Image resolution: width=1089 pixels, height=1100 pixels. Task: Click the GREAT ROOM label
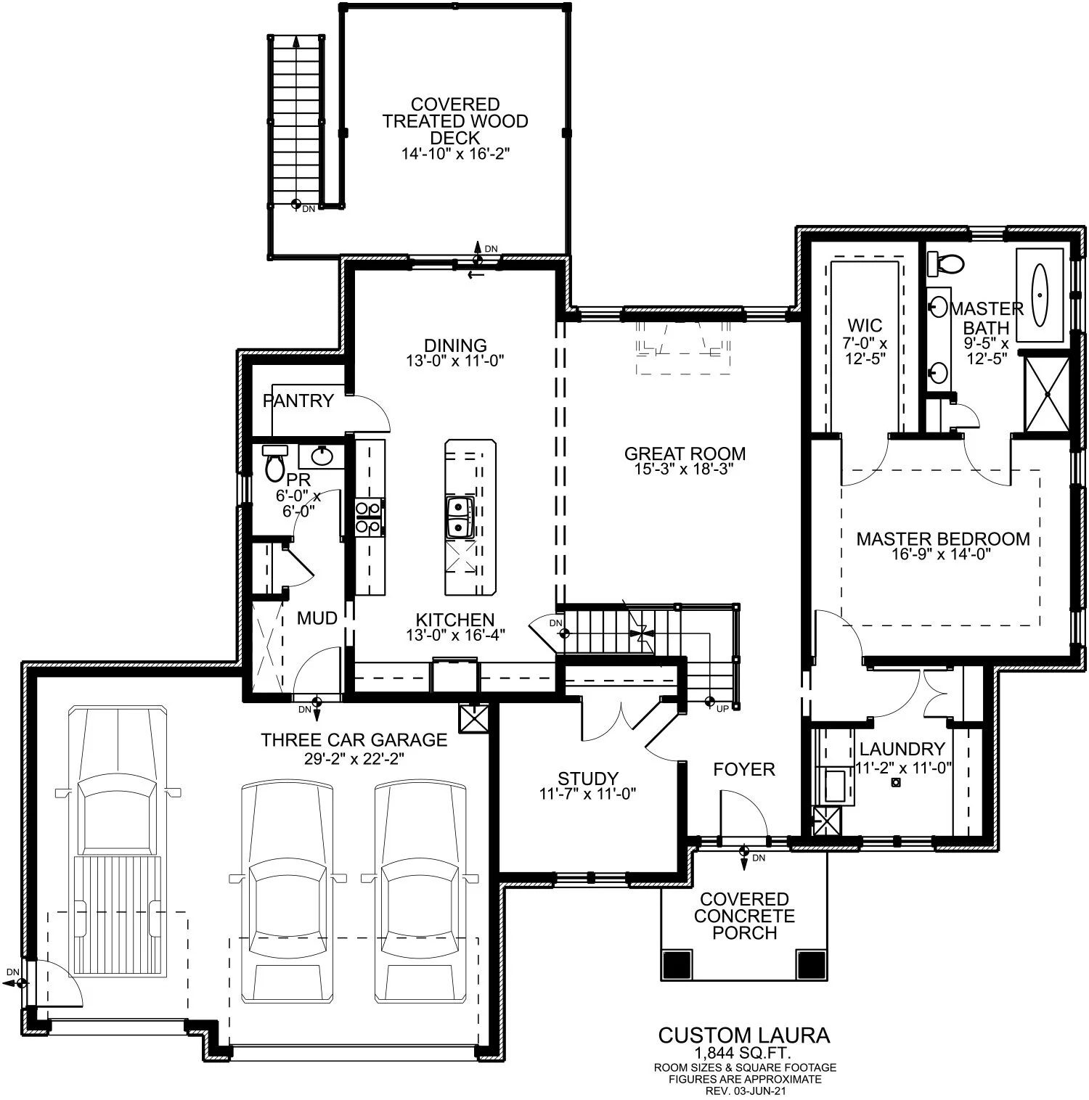coord(685,453)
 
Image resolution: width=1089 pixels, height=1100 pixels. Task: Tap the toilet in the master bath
coord(944,263)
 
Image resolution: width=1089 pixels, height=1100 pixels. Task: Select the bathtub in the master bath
coord(1040,295)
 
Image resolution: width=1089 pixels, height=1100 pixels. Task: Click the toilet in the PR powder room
coord(274,464)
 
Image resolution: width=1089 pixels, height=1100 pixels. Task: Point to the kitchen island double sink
coord(460,517)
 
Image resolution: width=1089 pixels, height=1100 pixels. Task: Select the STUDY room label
coord(587,779)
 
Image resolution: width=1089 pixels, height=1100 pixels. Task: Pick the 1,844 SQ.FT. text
coord(743,1053)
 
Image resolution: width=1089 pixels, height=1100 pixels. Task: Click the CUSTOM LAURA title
coord(743,1035)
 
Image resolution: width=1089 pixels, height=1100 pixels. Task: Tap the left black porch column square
coord(676,964)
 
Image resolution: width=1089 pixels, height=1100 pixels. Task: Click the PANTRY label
coord(298,401)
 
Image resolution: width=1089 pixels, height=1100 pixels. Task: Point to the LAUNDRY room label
coord(902,749)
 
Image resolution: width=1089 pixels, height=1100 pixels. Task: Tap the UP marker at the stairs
coord(711,702)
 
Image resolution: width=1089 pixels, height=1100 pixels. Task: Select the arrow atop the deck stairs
coord(295,42)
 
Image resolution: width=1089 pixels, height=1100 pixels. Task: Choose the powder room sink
coord(322,456)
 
